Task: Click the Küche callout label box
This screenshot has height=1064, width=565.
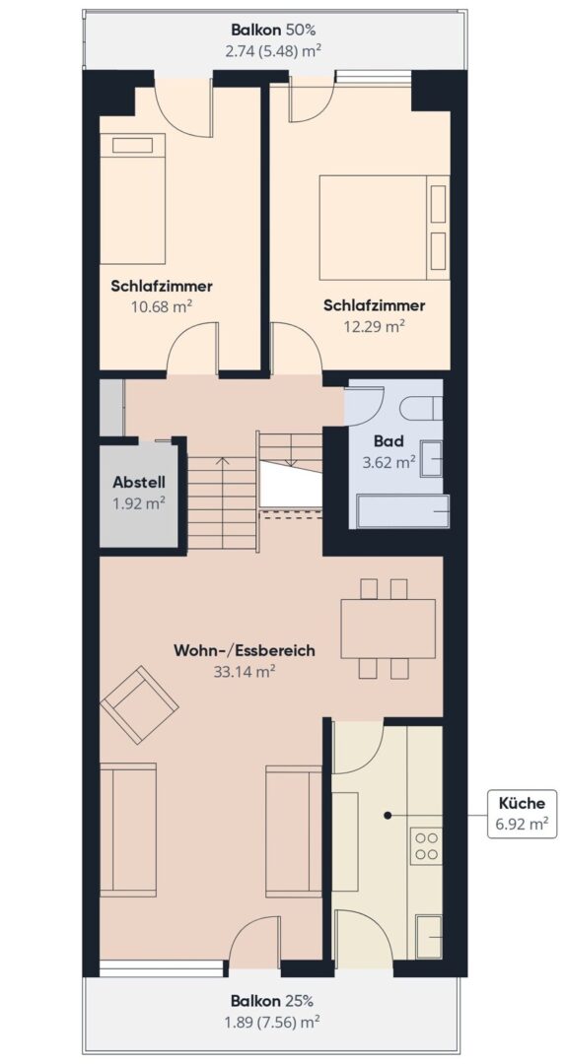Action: tap(521, 813)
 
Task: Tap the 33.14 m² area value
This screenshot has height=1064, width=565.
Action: tap(245, 672)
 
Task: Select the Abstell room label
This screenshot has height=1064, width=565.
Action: tap(139, 484)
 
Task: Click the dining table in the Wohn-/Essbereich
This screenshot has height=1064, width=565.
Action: tap(388, 629)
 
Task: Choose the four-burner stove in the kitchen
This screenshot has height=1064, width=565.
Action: tap(426, 845)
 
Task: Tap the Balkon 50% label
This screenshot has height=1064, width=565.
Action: tap(273, 30)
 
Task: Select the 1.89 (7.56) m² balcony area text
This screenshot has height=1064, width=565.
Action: tap(273, 1021)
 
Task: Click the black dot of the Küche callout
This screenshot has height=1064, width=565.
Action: tap(388, 814)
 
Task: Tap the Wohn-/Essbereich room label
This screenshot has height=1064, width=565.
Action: tap(245, 650)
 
